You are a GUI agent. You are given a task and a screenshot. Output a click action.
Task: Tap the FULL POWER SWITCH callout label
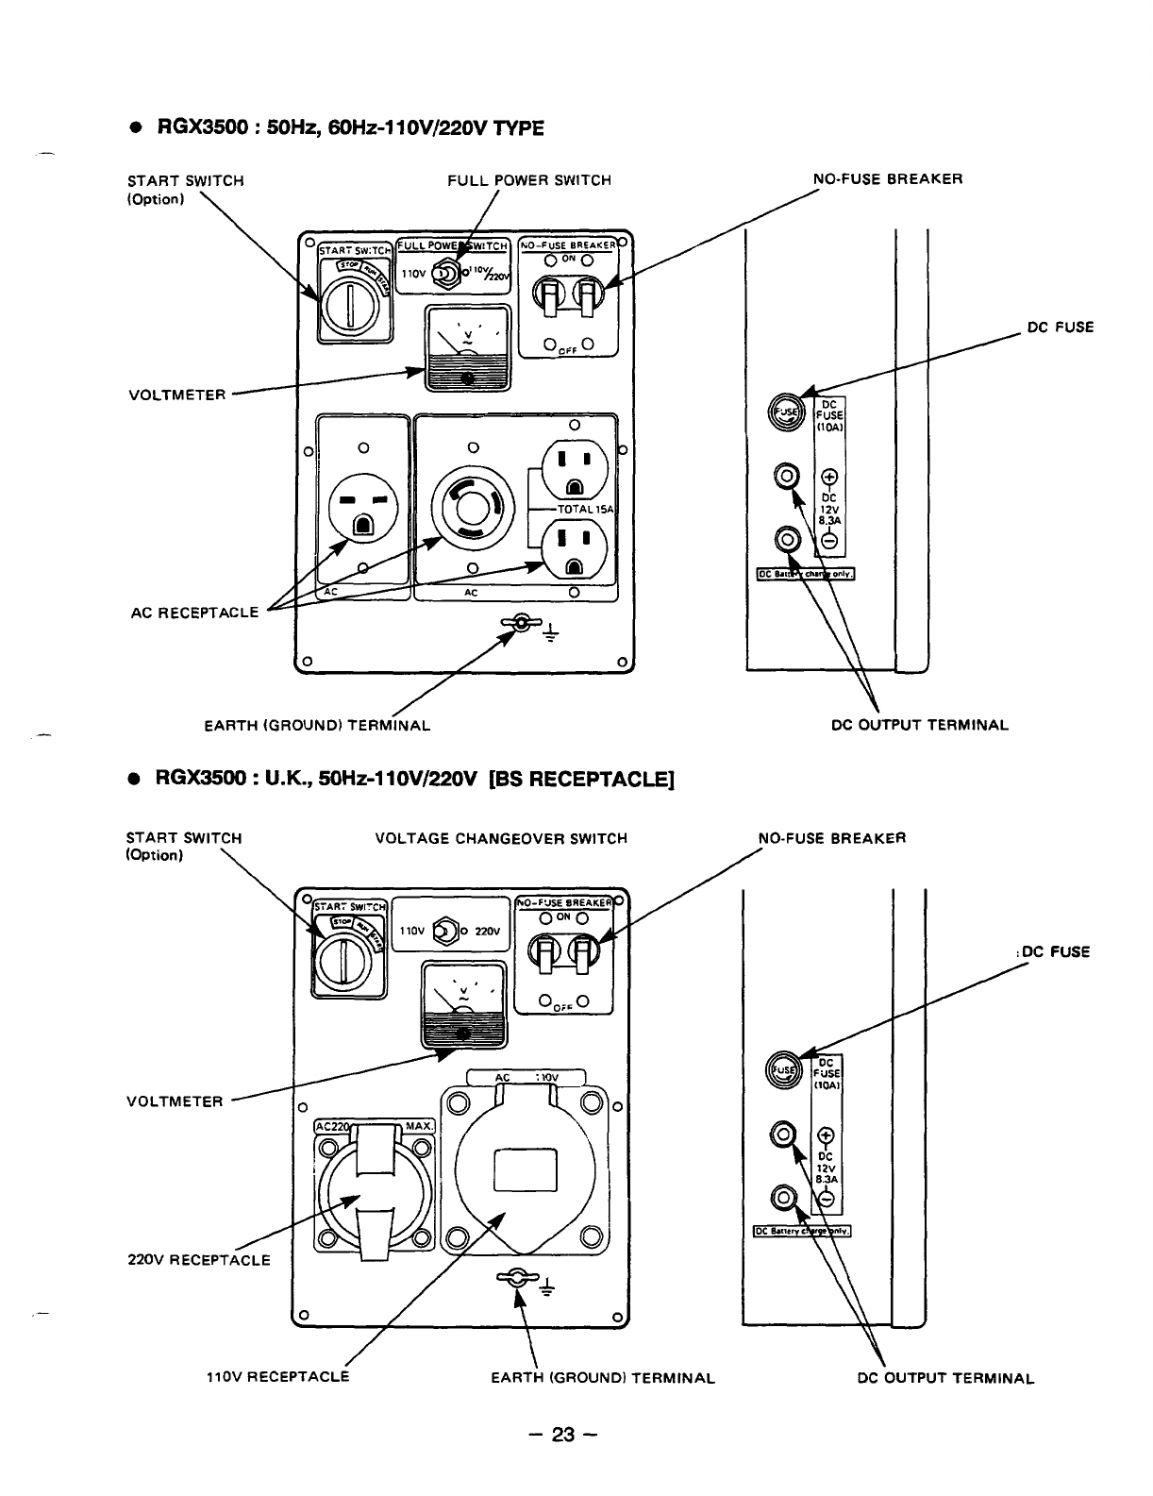[529, 180]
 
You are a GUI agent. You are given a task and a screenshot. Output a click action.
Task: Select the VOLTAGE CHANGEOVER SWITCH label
[501, 838]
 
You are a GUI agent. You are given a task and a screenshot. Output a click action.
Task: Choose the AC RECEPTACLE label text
[194, 612]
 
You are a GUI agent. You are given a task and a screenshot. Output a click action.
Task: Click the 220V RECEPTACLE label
[198, 1260]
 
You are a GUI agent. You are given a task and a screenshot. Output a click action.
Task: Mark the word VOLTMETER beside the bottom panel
[175, 1101]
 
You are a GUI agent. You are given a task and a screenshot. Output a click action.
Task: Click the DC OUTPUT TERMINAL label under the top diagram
[920, 726]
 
